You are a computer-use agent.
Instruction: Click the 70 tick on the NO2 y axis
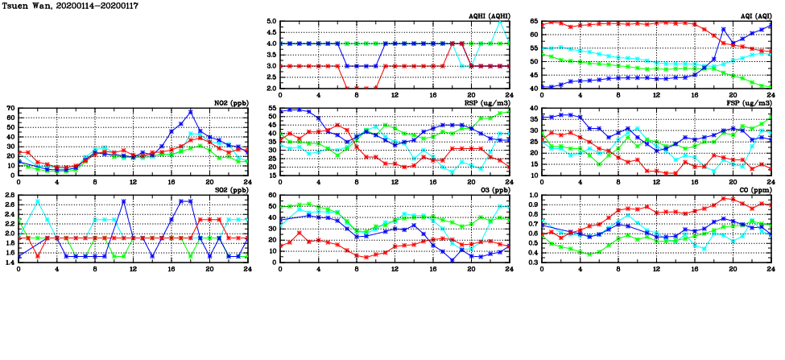10,108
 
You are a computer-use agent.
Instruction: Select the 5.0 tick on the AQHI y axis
271,22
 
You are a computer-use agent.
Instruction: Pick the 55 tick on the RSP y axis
272,108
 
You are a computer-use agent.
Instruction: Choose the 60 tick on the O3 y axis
272,195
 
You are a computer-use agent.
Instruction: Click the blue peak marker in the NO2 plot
190,112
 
